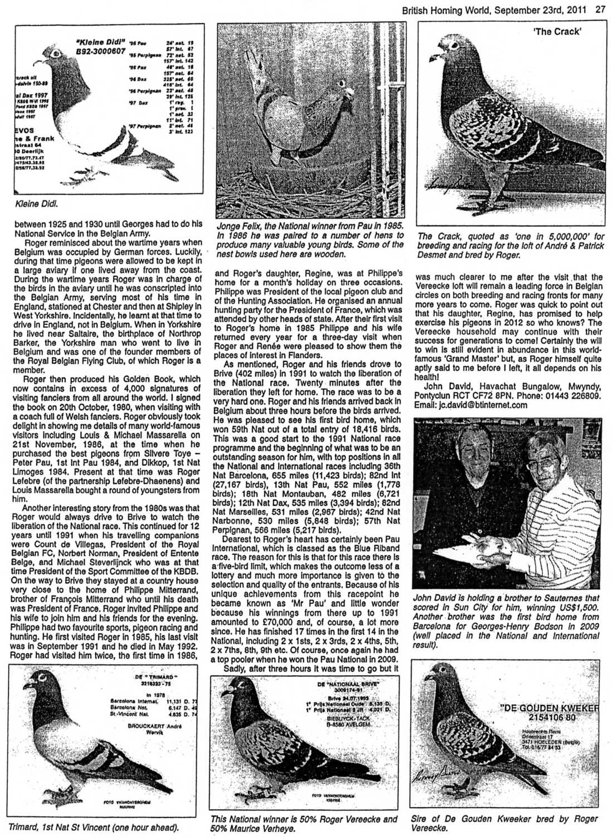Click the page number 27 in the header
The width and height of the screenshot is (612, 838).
(x=600, y=8)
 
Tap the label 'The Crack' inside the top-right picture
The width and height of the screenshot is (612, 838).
(x=557, y=31)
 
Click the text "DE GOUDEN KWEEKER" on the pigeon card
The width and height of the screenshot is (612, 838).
(x=551, y=709)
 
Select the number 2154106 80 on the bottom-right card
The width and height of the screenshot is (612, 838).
(x=552, y=718)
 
